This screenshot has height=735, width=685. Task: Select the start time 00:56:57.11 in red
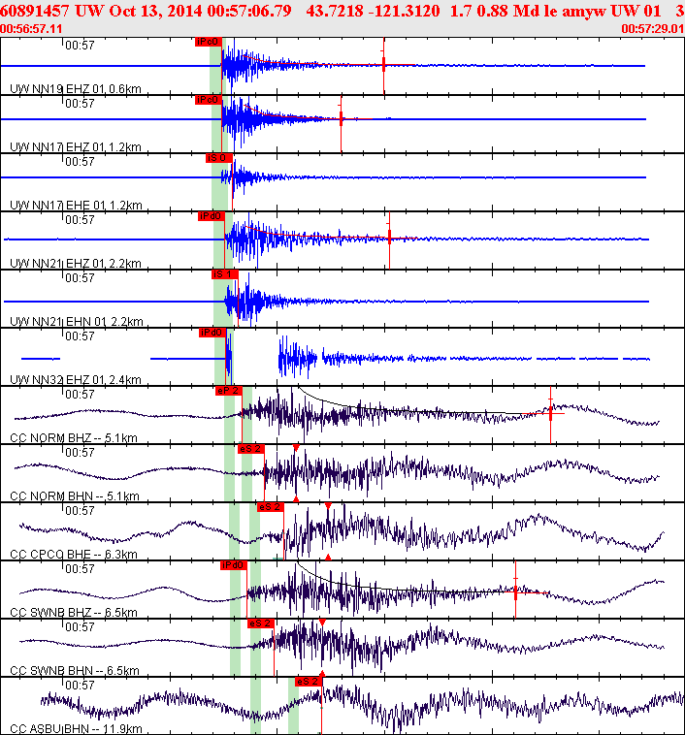pyautogui.click(x=28, y=30)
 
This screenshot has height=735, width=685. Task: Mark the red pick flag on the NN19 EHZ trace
pyautogui.click(x=209, y=43)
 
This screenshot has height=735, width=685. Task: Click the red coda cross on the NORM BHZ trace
pyautogui.click(x=550, y=412)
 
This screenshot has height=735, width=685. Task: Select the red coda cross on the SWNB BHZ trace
pyautogui.click(x=515, y=589)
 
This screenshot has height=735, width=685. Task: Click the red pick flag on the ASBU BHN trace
pyautogui.click(x=309, y=681)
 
